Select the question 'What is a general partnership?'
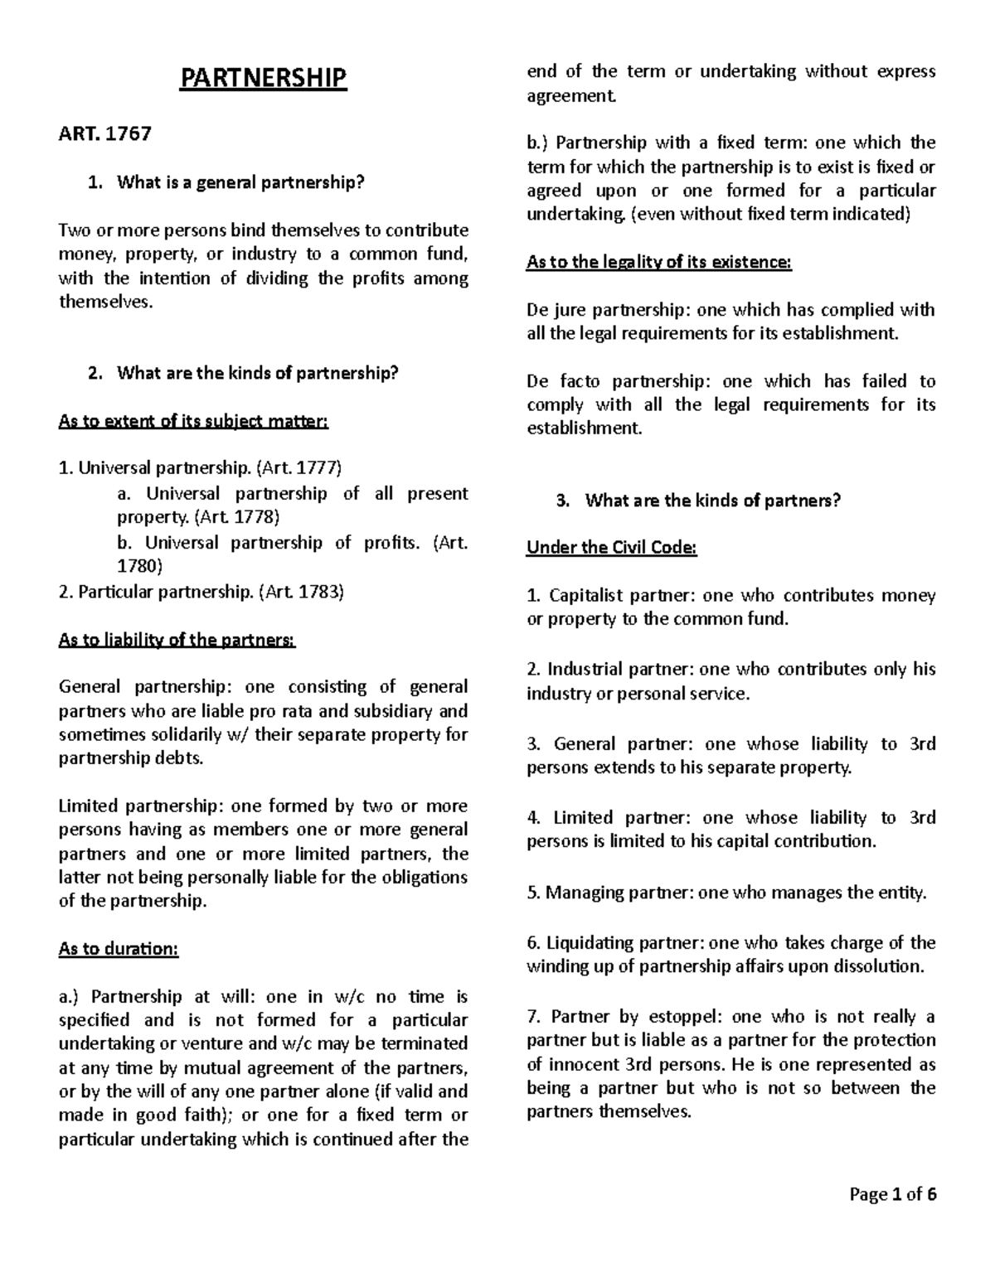tap(240, 183)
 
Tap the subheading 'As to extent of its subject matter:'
tap(193, 422)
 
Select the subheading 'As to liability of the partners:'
tap(177, 640)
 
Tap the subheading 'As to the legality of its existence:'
tap(659, 263)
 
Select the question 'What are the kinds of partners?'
tap(712, 501)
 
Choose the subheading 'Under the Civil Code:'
tap(612, 549)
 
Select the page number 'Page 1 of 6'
tap(893, 1194)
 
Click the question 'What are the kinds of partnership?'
tap(258, 374)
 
